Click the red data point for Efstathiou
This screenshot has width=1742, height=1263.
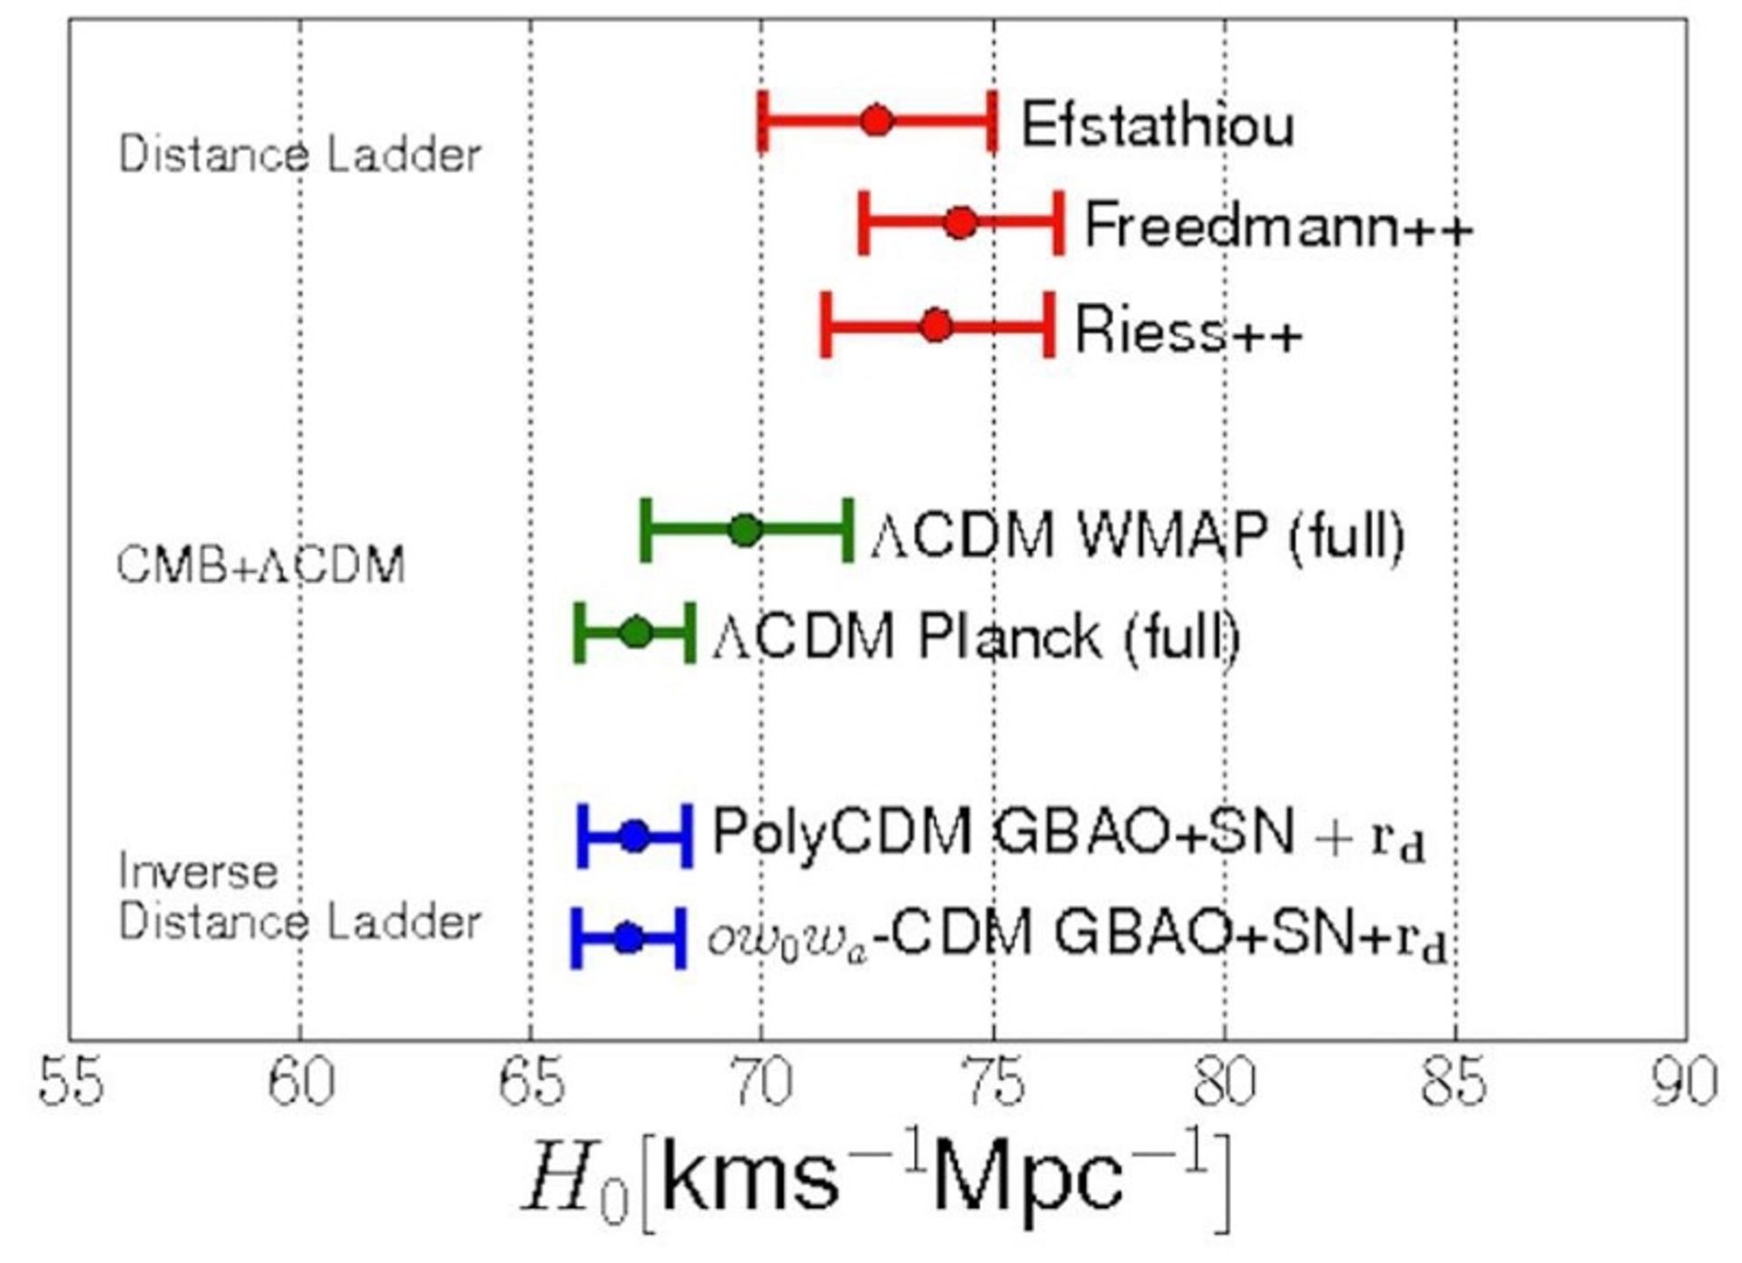pos(876,121)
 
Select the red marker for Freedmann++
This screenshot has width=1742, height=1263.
pos(960,222)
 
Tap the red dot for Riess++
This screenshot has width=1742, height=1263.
pos(936,325)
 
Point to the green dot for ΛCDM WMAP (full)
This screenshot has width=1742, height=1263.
pos(746,530)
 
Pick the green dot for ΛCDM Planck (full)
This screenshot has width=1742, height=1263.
pos(636,632)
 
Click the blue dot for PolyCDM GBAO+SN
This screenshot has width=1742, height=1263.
pos(635,836)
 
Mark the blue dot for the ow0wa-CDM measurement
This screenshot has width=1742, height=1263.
pos(628,938)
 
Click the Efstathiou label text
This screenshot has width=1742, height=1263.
pos(1157,124)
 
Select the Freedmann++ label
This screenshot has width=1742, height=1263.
pos(1277,226)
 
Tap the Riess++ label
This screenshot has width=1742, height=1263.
pos(1188,329)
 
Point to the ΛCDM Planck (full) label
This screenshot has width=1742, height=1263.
pos(976,636)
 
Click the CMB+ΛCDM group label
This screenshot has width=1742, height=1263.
pos(261,565)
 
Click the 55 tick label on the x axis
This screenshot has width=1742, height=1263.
pos(71,1082)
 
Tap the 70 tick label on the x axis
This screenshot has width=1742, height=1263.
pos(763,1082)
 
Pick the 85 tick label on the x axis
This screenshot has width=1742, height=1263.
pos(1455,1082)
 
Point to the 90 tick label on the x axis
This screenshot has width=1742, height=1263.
pos(1685,1082)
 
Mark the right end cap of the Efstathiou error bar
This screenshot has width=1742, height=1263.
pos(994,121)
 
